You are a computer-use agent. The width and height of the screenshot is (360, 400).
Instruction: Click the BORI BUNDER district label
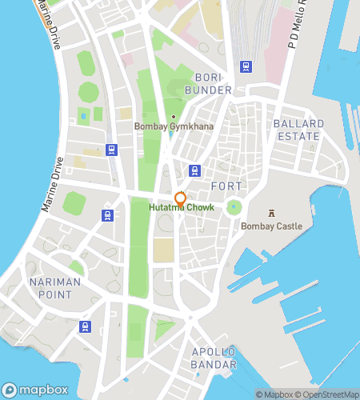[x=213, y=82]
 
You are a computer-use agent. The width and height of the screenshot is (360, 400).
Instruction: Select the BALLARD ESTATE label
[x=298, y=130]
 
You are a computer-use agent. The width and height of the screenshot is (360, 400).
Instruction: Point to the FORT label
[x=226, y=186]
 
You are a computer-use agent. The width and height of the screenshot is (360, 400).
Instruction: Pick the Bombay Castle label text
[x=272, y=226]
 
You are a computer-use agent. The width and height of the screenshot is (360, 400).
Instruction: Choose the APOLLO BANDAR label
[x=214, y=358]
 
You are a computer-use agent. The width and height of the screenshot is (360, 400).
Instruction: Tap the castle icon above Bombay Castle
[x=272, y=214]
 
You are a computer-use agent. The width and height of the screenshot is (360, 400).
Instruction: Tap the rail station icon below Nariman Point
[x=85, y=326]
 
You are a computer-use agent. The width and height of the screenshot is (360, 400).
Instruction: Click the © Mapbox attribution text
[x=274, y=394]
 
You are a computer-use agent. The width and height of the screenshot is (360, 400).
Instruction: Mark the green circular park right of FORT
[x=234, y=208]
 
